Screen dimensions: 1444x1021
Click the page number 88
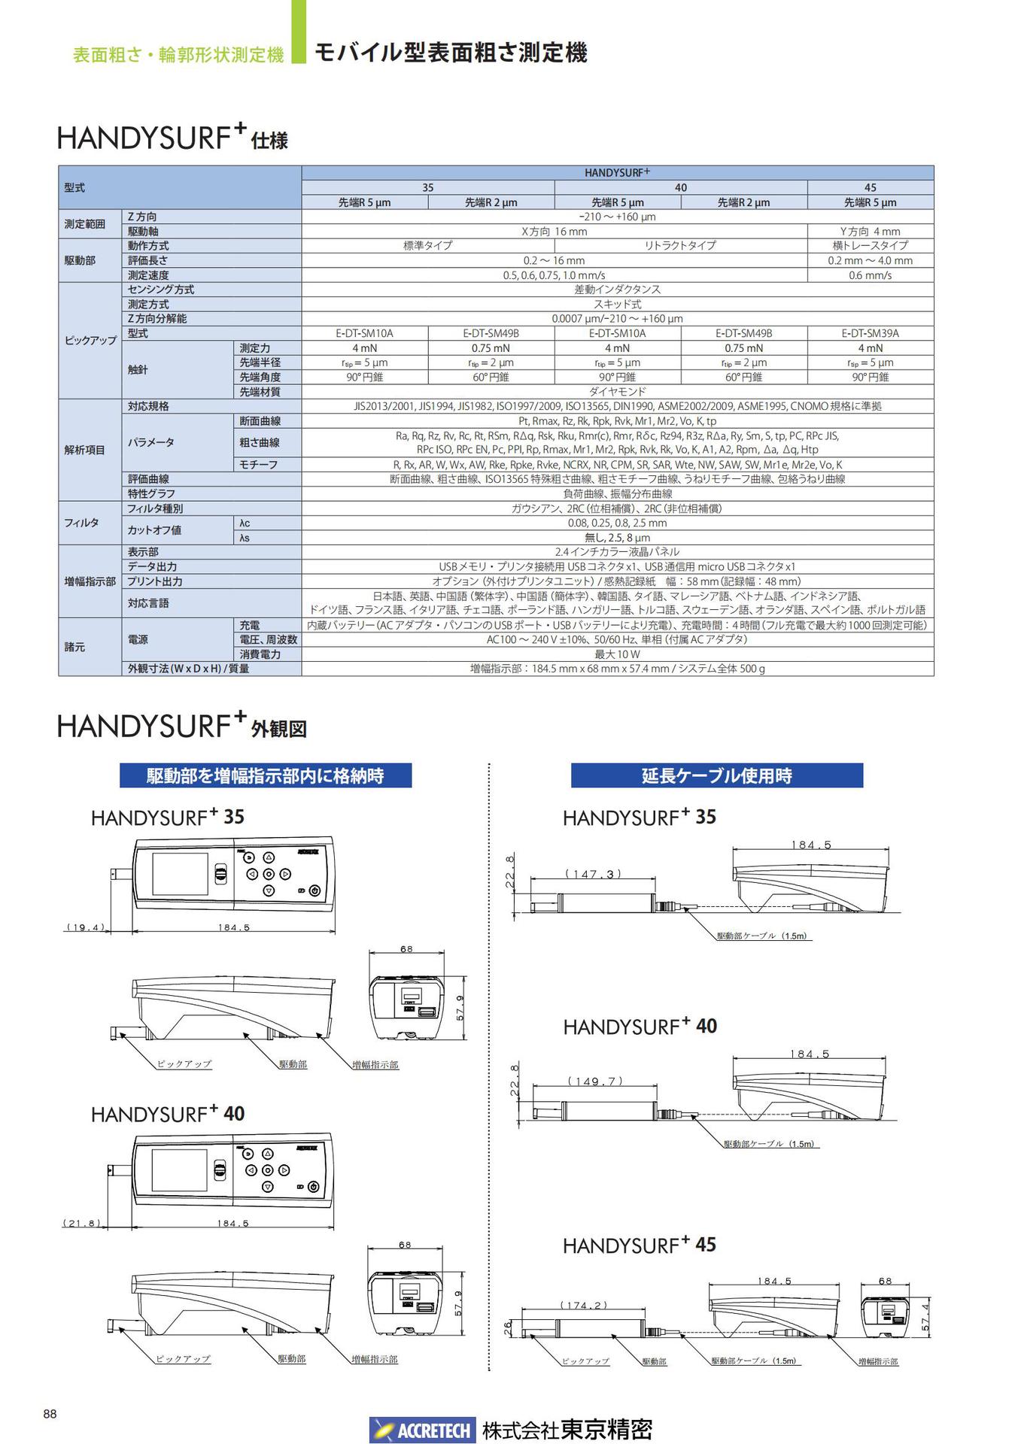pos(50,1414)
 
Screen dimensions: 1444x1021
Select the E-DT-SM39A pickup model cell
pos(870,333)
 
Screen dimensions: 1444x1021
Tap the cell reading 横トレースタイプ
pos(870,245)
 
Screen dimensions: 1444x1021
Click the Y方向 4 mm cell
pos(870,232)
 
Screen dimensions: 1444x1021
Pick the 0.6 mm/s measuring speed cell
pos(870,275)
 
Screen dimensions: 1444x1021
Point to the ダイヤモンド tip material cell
pos(617,392)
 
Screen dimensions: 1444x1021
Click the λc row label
pos(245,523)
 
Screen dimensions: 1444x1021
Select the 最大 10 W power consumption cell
pos(617,654)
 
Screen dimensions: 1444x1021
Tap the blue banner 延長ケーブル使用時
pos(716,775)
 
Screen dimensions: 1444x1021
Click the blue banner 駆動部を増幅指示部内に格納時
pos(265,775)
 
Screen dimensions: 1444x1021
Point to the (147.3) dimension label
pos(593,874)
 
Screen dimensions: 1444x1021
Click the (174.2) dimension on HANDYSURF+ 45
pos(583,1305)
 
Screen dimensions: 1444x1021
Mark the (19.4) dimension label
pos(85,927)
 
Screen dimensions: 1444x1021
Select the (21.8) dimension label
pos(81,1223)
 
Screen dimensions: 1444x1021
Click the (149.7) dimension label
pos(594,1081)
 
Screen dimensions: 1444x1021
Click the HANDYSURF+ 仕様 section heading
pos(172,138)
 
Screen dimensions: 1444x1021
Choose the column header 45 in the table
pos(870,187)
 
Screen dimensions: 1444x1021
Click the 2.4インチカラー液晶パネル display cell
pos(617,552)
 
